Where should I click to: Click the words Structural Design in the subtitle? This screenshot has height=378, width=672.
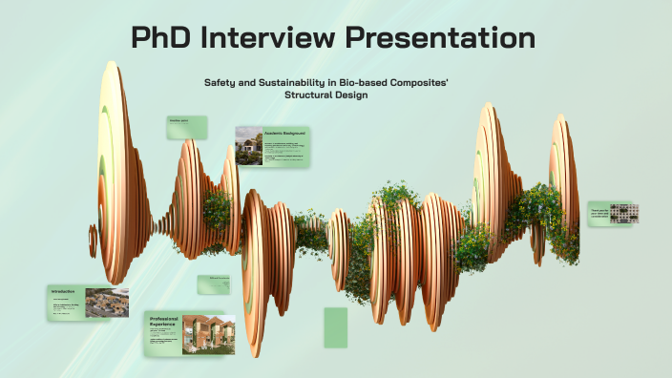(x=325, y=95)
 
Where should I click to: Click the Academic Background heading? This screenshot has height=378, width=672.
(x=286, y=132)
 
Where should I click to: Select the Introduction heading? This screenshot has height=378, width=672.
(x=63, y=291)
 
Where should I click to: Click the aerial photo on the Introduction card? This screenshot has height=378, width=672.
(x=107, y=303)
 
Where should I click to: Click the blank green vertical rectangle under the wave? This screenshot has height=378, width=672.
(x=335, y=327)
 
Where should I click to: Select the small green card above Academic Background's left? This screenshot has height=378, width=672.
(x=186, y=128)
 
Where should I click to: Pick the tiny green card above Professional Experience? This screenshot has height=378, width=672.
(x=214, y=284)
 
